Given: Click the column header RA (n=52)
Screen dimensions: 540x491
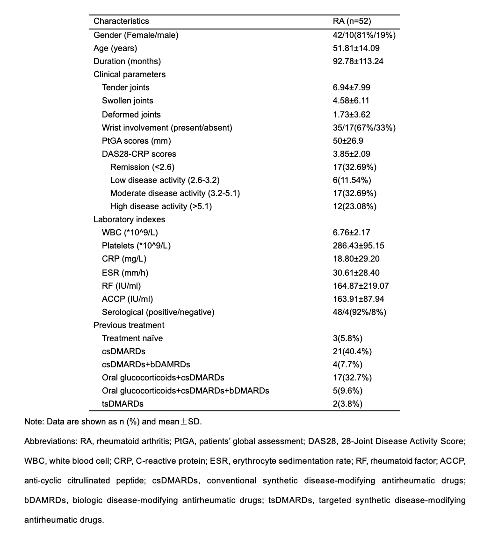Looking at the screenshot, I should (352, 21).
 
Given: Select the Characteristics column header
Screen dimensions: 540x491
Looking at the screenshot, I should (121, 21).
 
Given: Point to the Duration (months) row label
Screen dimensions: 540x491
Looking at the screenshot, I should (127, 61).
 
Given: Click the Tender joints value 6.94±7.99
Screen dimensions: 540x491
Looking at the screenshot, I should (348, 88).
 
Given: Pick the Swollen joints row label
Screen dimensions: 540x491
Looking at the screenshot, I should (127, 101).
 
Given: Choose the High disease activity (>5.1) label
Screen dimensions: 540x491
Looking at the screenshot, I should (161, 206).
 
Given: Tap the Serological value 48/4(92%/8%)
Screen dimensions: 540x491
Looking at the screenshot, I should (359, 312).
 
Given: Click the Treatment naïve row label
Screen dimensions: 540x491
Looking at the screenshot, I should (132, 338).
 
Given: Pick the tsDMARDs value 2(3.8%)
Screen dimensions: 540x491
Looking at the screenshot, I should (347, 404).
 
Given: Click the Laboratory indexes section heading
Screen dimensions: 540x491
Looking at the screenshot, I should (129, 219).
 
